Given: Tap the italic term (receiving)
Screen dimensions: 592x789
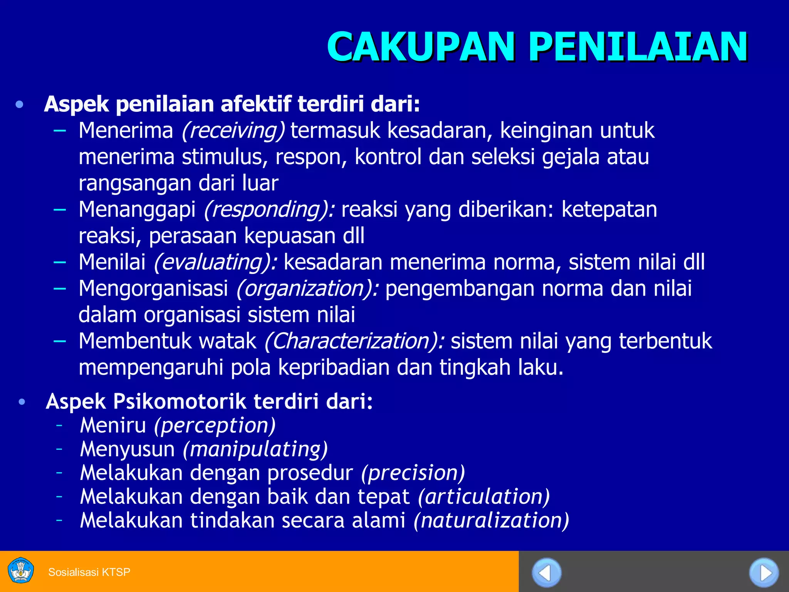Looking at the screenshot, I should [x=233, y=130].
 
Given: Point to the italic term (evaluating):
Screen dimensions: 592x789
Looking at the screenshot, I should [x=215, y=262].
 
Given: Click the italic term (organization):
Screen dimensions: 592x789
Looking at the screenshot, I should [x=307, y=288].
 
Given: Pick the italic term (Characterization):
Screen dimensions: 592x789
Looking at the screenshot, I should [x=354, y=341].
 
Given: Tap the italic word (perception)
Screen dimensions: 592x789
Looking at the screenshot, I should [x=215, y=425].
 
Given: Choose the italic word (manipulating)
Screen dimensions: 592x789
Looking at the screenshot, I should [x=255, y=449].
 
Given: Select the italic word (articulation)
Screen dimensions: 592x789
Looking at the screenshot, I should [x=484, y=496].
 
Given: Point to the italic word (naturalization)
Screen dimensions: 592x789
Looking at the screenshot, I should [x=491, y=520].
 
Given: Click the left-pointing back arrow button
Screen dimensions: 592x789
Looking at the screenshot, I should [x=546, y=573].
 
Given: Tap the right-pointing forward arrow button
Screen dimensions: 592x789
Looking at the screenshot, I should [x=764, y=573].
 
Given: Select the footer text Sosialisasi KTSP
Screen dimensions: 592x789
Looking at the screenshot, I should [x=89, y=572].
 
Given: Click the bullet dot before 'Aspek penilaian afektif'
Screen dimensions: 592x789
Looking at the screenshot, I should [x=20, y=104].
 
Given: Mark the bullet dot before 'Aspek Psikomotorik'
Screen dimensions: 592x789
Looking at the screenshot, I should [x=22, y=402].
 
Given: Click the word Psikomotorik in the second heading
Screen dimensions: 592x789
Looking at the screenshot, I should [x=179, y=402].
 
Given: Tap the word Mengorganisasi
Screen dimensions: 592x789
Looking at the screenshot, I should [x=153, y=288].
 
